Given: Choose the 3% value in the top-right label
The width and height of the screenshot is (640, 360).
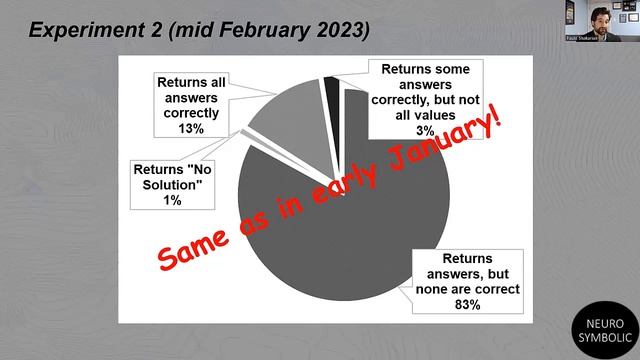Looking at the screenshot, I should point(426,130).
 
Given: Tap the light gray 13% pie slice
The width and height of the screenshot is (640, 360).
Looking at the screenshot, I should point(286,125).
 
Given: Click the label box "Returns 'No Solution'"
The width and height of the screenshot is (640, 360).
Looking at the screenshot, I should point(172,180).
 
